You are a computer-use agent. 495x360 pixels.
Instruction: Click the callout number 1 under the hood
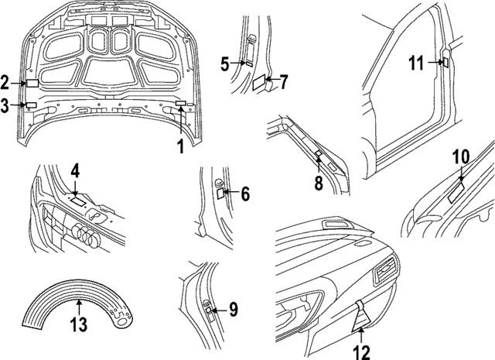(x=179, y=145)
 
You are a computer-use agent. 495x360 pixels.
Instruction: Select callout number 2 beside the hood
(x=6, y=82)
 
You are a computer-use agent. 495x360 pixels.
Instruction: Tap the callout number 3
(x=6, y=106)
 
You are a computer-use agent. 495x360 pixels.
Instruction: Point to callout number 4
(x=75, y=170)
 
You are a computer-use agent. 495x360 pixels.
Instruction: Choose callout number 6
(x=245, y=194)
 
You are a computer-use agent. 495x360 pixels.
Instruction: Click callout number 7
(x=283, y=81)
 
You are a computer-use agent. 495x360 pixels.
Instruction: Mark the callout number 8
(x=318, y=183)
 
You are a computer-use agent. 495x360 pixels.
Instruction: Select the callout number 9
(x=233, y=310)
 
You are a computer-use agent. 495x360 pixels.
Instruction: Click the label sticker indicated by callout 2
(x=33, y=81)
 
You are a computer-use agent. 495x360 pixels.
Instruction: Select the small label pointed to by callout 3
(x=32, y=105)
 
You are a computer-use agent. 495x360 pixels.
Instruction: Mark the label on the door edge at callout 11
(x=445, y=63)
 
